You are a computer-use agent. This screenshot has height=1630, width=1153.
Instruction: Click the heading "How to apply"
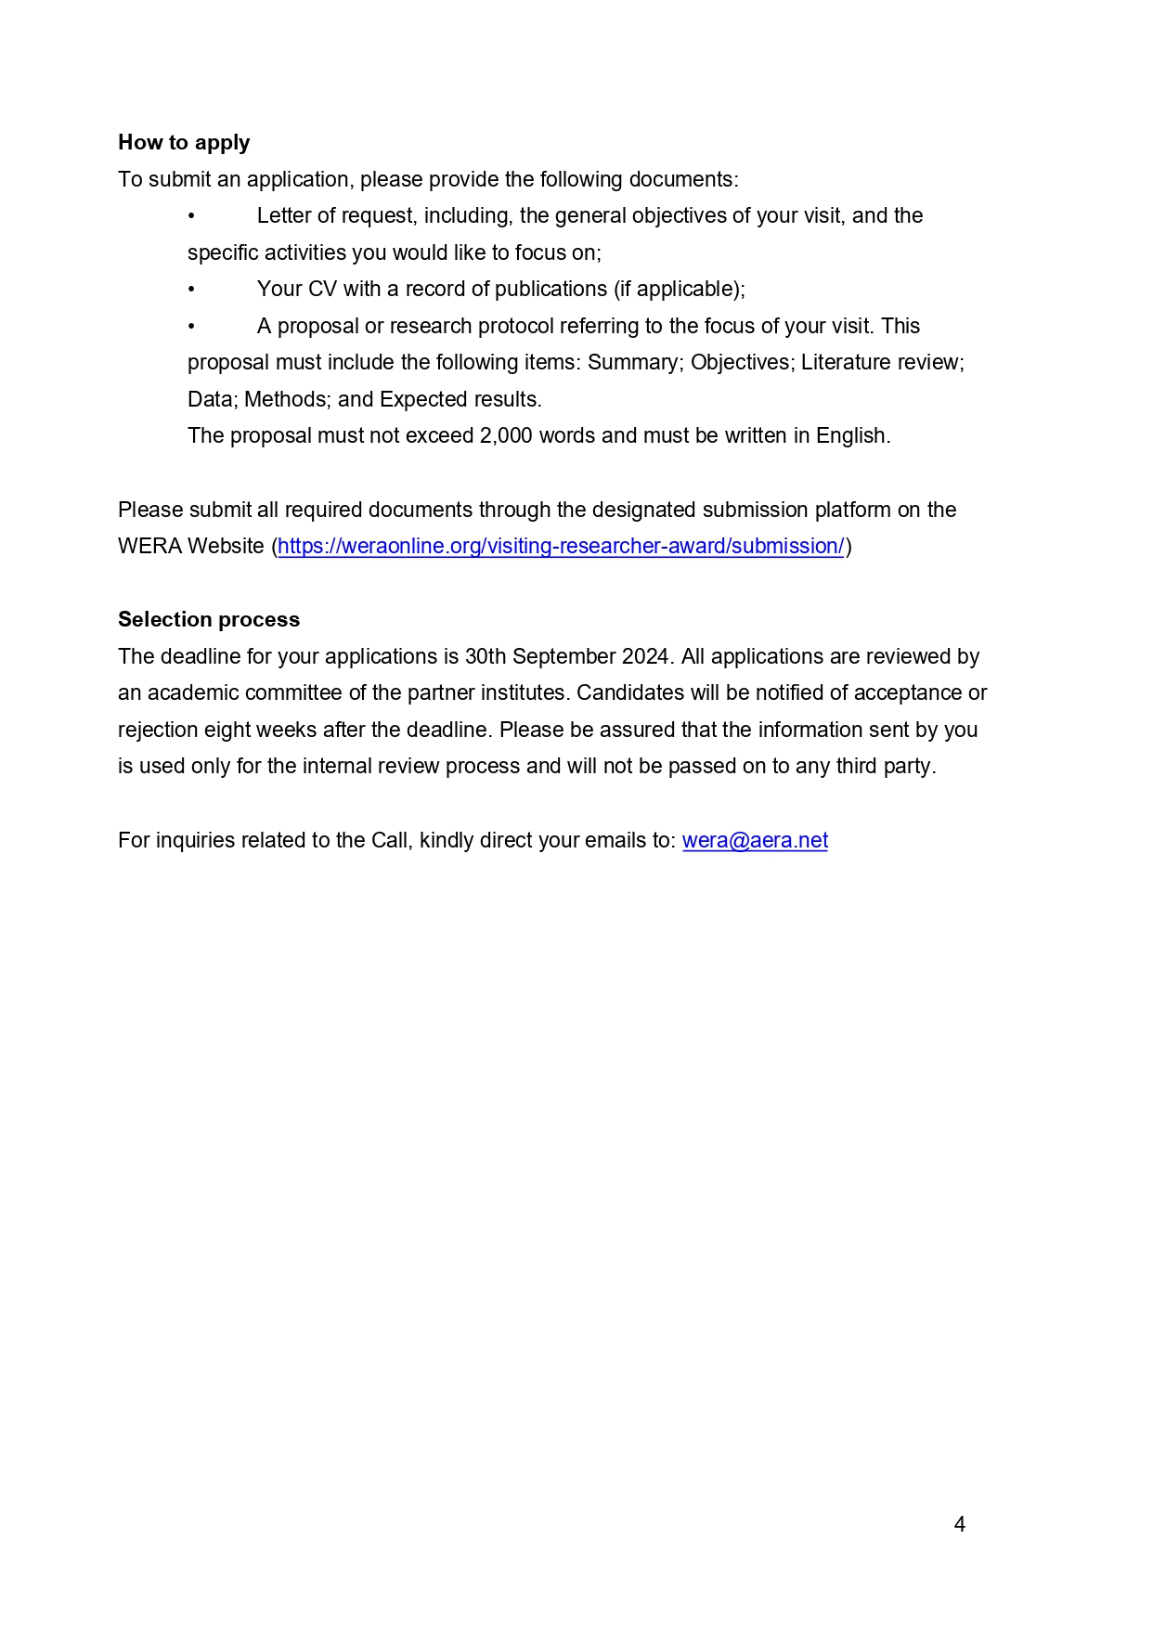click(184, 142)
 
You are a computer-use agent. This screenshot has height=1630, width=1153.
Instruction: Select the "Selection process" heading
click(209, 619)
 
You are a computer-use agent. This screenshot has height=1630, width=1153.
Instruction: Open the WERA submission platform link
click(561, 546)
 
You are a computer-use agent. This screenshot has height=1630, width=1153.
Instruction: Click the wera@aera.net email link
click(755, 840)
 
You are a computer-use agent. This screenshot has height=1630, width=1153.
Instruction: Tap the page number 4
click(960, 1524)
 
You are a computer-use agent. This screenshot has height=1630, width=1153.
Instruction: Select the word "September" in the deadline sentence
click(564, 656)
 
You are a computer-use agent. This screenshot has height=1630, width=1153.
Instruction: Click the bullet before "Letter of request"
click(191, 216)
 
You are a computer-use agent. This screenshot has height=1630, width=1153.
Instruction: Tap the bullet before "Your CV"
click(191, 290)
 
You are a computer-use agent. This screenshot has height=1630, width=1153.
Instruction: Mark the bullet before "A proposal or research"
click(191, 326)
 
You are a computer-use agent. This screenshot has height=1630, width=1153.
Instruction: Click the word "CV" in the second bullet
click(322, 290)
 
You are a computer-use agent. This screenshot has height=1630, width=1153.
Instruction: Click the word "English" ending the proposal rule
click(850, 436)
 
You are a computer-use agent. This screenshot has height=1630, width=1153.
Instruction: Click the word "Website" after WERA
click(226, 546)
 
